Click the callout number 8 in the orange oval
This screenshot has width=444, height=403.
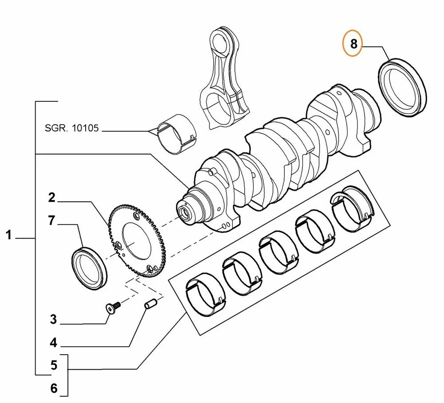point(353,44)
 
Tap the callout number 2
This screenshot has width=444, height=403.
point(52,198)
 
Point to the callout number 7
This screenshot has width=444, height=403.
point(52,220)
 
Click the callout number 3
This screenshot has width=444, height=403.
point(53,319)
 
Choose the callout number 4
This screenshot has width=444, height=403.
point(53,343)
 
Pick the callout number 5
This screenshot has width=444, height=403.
point(54,365)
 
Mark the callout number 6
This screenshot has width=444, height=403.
point(54,388)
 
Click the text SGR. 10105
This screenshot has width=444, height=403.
point(71,129)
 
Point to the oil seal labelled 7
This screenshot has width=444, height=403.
point(90,269)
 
